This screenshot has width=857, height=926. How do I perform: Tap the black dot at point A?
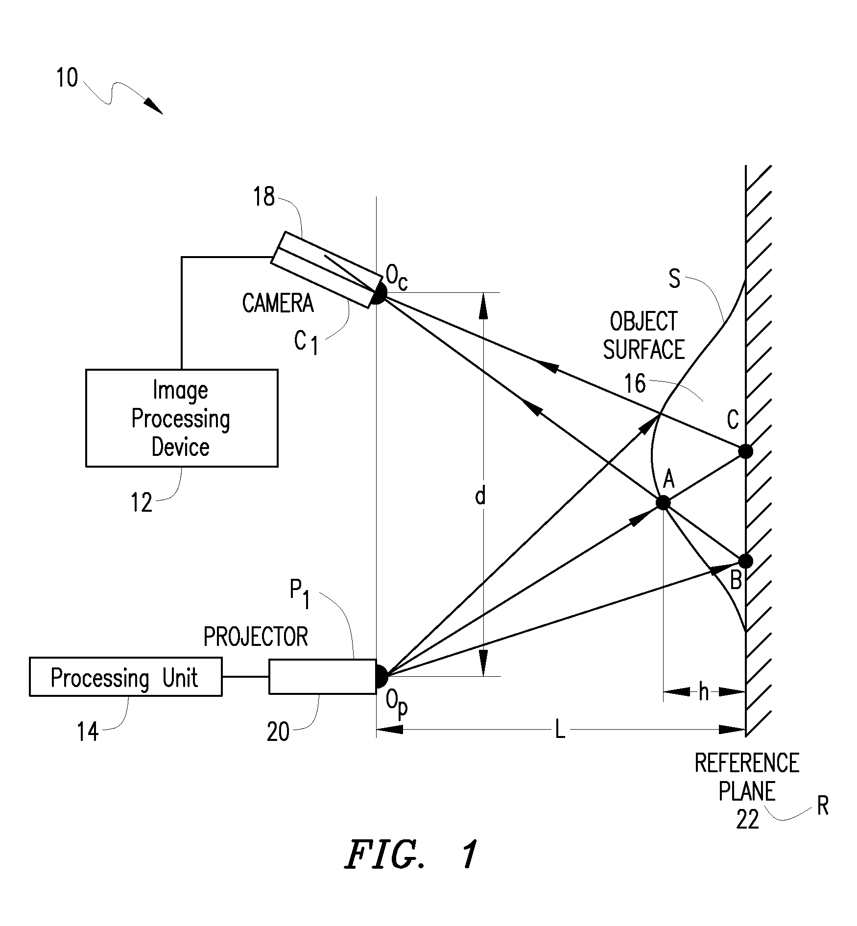point(663,502)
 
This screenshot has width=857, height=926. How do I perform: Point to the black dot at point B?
point(745,561)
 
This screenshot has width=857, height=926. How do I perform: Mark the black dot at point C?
point(745,451)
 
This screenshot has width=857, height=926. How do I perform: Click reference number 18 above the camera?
point(264,197)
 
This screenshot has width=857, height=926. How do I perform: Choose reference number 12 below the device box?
point(142,502)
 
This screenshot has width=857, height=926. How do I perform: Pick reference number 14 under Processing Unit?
point(88,733)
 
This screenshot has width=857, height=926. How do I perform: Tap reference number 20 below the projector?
point(278,733)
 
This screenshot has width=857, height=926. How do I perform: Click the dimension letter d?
point(480,497)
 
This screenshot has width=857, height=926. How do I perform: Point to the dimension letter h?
point(704,692)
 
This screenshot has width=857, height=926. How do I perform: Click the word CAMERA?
point(278,303)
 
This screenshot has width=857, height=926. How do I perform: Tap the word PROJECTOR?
point(256,637)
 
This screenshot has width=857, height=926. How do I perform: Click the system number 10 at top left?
point(67,78)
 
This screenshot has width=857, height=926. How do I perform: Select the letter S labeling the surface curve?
point(674,279)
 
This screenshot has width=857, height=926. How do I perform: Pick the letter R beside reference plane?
point(823,806)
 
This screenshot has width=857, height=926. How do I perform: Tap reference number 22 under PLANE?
point(747,819)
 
